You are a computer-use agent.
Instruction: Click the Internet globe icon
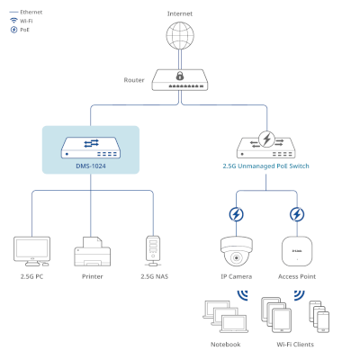(x=180, y=35)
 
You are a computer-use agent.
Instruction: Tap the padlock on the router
(x=180, y=76)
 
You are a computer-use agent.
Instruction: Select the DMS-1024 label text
(x=91, y=166)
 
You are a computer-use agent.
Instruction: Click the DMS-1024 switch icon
(x=91, y=148)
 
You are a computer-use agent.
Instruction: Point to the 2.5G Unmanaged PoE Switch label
(x=265, y=166)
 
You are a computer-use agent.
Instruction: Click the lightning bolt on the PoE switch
(x=266, y=139)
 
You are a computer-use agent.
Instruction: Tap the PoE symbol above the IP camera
(x=236, y=214)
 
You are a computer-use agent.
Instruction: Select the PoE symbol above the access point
(x=297, y=214)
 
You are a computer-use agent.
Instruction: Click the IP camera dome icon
(x=237, y=251)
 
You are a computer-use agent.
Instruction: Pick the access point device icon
(x=297, y=251)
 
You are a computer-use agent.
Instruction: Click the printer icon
(x=93, y=251)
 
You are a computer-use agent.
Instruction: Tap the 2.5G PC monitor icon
(x=31, y=251)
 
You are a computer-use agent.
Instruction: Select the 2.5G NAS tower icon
(x=153, y=251)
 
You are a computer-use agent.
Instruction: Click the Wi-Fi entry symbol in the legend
(x=13, y=21)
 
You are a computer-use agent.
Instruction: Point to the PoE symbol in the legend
(x=13, y=30)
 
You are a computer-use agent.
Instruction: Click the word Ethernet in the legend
(x=31, y=12)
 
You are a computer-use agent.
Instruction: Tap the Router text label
(x=134, y=80)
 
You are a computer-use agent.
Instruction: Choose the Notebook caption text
(x=226, y=345)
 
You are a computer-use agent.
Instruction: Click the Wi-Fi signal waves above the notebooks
(x=243, y=296)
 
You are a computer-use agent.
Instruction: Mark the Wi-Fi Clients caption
(x=295, y=345)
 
